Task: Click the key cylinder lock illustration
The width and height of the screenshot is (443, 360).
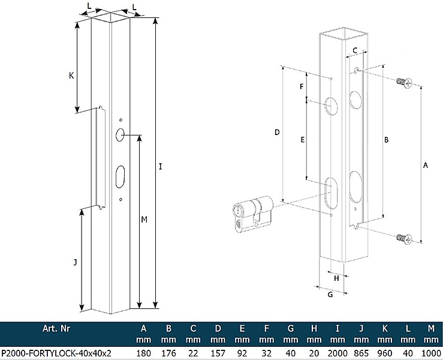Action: pyautogui.click(x=252, y=215)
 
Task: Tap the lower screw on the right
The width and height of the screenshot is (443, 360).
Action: pyautogui.click(x=405, y=239)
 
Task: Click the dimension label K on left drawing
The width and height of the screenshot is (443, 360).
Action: pyautogui.click(x=71, y=76)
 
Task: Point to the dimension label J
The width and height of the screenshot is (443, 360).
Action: pyautogui.click(x=75, y=262)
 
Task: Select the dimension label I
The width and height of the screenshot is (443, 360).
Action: pyautogui.click(x=161, y=167)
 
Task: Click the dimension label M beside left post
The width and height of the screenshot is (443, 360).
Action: pyautogui.click(x=144, y=220)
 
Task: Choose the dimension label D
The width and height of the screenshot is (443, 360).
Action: pyautogui.click(x=277, y=132)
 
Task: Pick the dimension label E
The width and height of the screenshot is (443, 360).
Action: pyautogui.click(x=303, y=139)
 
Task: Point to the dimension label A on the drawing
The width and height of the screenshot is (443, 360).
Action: pyautogui.click(x=426, y=164)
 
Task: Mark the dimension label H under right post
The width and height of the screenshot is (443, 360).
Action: pyautogui.click(x=336, y=278)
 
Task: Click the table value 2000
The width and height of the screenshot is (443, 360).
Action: pyautogui.click(x=338, y=353)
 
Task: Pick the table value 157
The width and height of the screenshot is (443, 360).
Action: pyautogui.click(x=218, y=353)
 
